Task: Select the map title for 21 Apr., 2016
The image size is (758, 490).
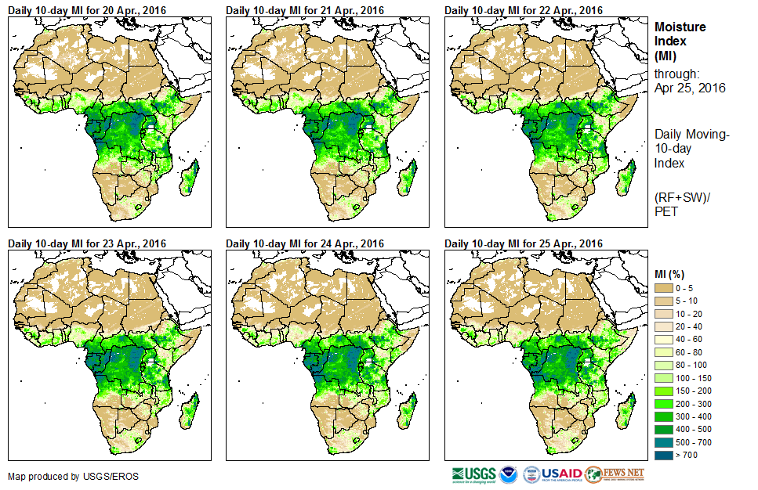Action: click(305, 10)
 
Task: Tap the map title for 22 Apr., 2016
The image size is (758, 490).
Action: click(524, 10)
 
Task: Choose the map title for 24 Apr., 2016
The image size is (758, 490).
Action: click(305, 243)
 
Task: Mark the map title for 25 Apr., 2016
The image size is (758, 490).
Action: click(524, 243)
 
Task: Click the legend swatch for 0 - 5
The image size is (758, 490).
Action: click(665, 288)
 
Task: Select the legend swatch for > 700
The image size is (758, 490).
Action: click(665, 454)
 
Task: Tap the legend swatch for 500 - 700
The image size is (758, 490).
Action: click(665, 441)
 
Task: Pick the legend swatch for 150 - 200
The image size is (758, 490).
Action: click(665, 390)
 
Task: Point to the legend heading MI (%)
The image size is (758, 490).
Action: click(673, 273)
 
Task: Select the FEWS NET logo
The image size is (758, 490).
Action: click(615, 474)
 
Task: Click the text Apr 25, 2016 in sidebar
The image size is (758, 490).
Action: click(690, 88)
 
